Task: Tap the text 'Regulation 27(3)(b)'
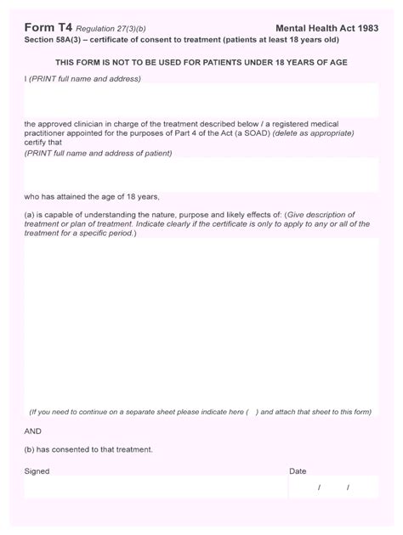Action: pyautogui.click(x=111, y=29)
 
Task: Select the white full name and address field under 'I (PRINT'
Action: pyautogui.click(x=201, y=101)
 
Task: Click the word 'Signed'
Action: pyautogui.click(x=37, y=471)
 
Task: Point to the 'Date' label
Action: pyautogui.click(x=298, y=471)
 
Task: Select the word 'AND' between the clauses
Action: pyautogui.click(x=33, y=431)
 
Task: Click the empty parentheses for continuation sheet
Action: pyautogui.click(x=252, y=413)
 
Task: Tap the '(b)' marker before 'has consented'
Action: pyautogui.click(x=30, y=449)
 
